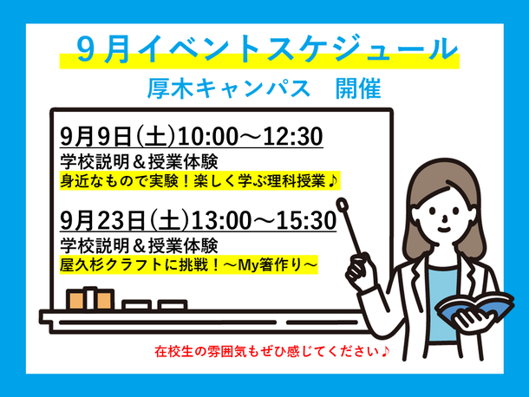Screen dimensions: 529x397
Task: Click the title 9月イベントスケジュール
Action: (x=266, y=49)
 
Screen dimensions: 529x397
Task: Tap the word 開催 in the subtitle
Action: (x=358, y=88)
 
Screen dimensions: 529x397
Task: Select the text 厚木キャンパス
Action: (x=228, y=88)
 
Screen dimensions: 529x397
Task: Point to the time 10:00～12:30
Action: (x=250, y=137)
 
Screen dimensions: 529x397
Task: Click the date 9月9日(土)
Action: (x=118, y=137)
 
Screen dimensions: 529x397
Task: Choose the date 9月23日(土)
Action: (x=125, y=220)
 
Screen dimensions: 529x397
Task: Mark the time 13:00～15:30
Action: (x=264, y=220)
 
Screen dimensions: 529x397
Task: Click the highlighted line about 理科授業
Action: (x=199, y=181)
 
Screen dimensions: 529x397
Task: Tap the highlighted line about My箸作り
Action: (x=188, y=264)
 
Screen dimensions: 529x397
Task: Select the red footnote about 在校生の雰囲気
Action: (x=272, y=351)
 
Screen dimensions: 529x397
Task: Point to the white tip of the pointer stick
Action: (x=342, y=204)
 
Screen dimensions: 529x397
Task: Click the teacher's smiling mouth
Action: (x=444, y=230)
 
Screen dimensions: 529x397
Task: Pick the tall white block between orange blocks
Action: (x=90, y=298)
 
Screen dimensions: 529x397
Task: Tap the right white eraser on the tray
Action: (x=172, y=305)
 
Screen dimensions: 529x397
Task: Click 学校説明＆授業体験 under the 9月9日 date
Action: (x=139, y=161)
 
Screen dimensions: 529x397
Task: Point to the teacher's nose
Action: (x=444, y=219)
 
